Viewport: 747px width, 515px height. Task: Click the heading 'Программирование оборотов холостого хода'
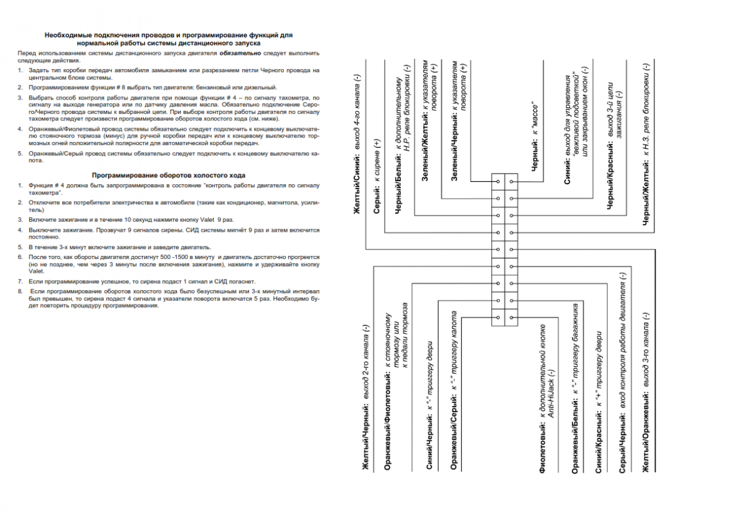coord(168,176)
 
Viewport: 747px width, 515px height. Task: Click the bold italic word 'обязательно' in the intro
coord(237,54)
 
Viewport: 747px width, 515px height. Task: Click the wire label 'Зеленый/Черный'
coord(454,153)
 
